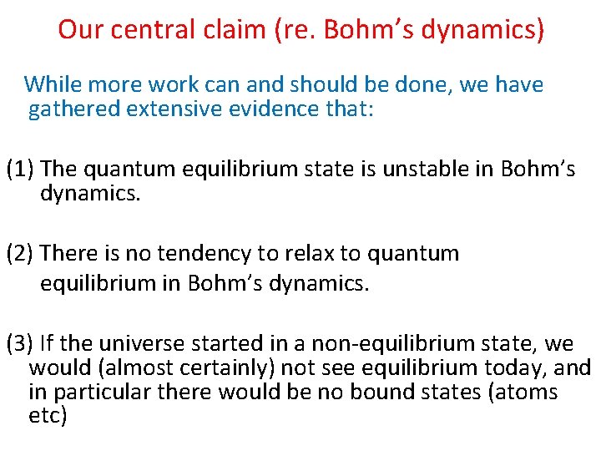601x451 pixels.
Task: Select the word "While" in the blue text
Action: pyautogui.click(x=52, y=84)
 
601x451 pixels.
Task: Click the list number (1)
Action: pyautogui.click(x=20, y=169)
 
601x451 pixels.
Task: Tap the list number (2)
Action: pyautogui.click(x=20, y=252)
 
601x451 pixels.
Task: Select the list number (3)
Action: pyautogui.click(x=20, y=342)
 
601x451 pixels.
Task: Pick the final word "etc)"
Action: pyautogui.click(x=47, y=416)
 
